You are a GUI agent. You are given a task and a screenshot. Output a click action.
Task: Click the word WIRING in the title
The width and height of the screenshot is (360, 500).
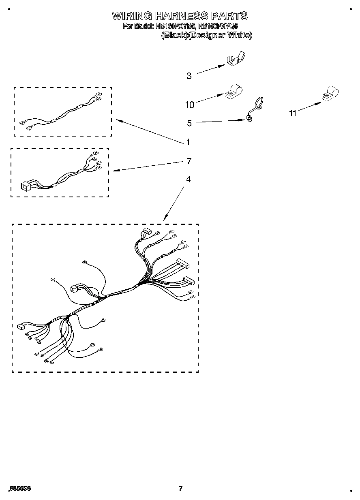point(132,16)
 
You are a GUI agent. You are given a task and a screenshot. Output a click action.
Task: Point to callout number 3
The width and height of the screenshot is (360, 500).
point(189,76)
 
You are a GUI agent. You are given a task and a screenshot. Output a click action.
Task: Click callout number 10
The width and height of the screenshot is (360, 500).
point(189,105)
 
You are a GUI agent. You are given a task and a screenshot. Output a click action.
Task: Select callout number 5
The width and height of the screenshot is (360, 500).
point(189,123)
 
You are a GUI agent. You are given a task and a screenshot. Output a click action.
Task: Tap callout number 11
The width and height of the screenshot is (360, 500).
point(293,114)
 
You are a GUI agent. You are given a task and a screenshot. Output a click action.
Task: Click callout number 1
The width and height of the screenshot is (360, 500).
point(188,142)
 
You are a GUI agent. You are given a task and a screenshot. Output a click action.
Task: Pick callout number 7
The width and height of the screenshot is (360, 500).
point(189,161)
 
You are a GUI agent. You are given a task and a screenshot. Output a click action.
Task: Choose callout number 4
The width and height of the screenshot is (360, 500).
point(188,179)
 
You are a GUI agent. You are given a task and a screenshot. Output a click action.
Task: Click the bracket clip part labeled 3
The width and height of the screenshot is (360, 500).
point(236,59)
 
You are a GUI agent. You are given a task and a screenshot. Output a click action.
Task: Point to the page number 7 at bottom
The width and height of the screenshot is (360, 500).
point(181,488)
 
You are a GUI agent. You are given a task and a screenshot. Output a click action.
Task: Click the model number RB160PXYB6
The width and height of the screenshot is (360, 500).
point(175,26)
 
